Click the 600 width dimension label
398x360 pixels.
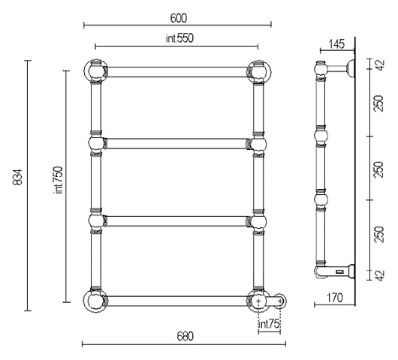click(x=179, y=18)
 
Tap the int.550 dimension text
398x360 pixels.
click(x=179, y=38)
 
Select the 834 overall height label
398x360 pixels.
click(x=18, y=177)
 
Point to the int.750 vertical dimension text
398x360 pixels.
click(x=59, y=180)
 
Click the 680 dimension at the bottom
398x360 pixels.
click(x=185, y=337)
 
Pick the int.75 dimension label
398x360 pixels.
click(x=269, y=324)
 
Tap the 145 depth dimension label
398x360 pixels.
click(x=337, y=43)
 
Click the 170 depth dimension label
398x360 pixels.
click(x=334, y=298)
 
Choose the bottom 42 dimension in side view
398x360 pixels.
click(x=380, y=275)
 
